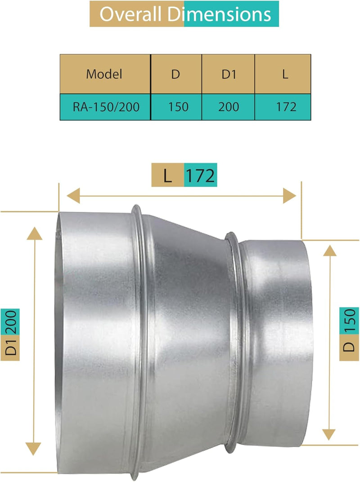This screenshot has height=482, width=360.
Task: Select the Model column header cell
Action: click(x=104, y=74)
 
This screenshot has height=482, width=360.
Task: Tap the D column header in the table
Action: click(x=175, y=74)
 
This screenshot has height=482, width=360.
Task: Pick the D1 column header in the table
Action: click(x=229, y=74)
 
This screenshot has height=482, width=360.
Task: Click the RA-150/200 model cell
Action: click(x=104, y=107)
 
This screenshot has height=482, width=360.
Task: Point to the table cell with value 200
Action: click(x=229, y=107)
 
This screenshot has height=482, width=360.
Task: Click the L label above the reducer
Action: click(x=167, y=175)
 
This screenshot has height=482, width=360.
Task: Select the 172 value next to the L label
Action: click(x=200, y=175)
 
